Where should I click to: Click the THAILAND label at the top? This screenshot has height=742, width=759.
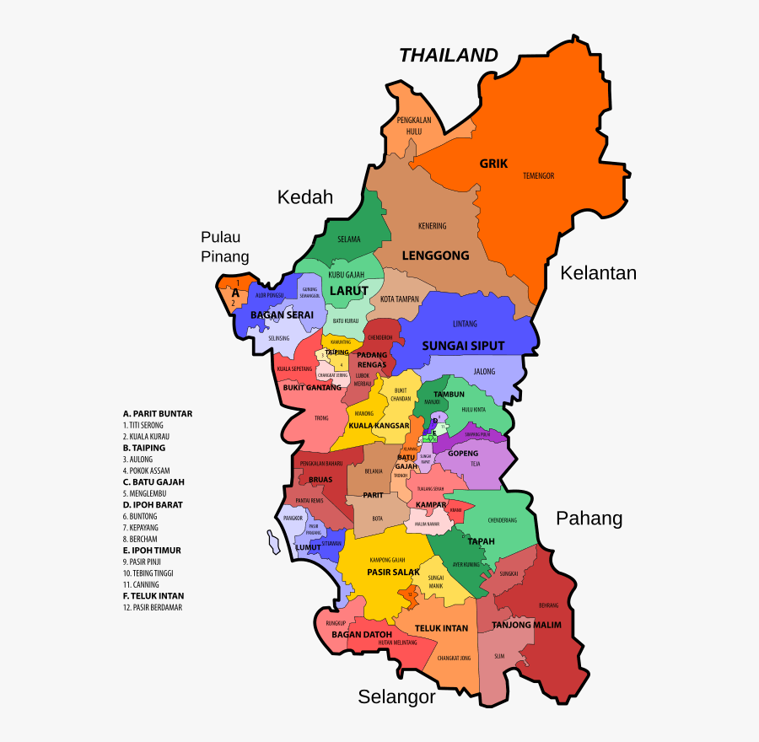tap(448, 56)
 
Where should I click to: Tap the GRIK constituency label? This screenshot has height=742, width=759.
tap(493, 164)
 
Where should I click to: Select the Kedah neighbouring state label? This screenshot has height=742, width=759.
tap(305, 197)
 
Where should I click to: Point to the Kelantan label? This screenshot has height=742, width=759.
tap(598, 273)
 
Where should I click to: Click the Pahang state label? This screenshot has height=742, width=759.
tap(589, 519)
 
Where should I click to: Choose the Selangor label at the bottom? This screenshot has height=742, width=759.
tap(396, 696)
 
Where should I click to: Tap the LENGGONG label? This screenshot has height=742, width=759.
tap(435, 255)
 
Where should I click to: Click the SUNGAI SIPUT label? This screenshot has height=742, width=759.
tap(463, 346)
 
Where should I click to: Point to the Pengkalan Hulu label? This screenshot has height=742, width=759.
tap(414, 126)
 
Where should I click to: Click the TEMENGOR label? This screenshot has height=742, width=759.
tap(538, 175)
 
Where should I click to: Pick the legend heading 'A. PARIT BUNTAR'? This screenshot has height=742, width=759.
tap(157, 414)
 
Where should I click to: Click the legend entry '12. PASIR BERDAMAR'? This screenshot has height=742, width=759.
tap(152, 607)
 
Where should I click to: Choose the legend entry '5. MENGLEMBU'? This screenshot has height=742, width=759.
tap(146, 493)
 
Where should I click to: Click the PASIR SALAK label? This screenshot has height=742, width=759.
tap(393, 572)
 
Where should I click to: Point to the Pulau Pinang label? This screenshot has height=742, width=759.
tap(224, 246)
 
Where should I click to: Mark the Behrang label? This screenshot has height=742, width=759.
tap(548, 605)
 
